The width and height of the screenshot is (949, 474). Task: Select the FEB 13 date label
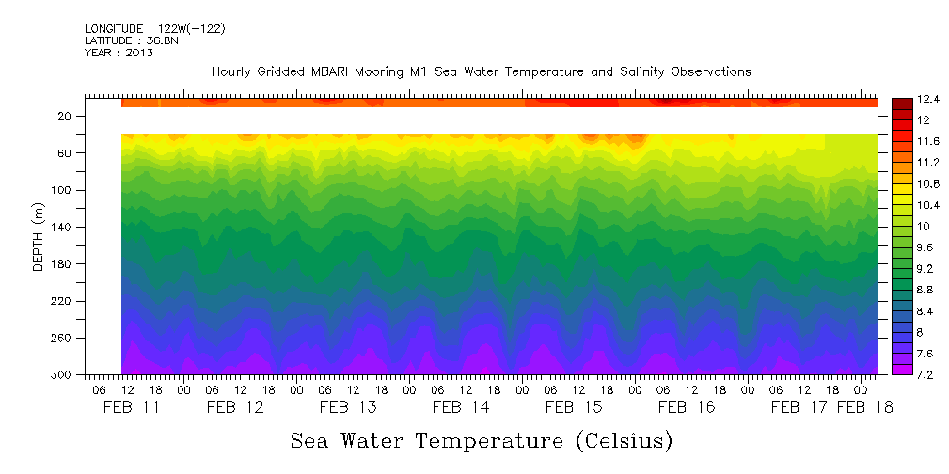[347, 407]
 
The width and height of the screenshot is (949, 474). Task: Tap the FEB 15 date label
[573, 407]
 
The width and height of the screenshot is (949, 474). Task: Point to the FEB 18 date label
[864, 407]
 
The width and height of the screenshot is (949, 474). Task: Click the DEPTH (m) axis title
[39, 235]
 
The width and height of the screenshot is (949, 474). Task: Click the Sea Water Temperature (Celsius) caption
[481, 440]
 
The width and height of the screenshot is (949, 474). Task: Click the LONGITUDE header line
[154, 29]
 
